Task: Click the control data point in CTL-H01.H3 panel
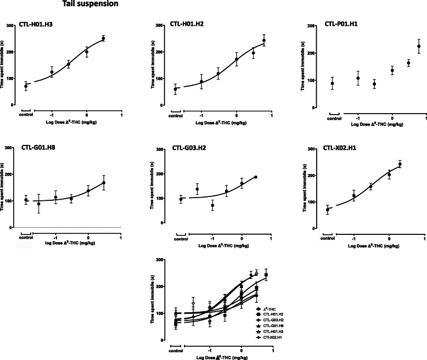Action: click(26, 86)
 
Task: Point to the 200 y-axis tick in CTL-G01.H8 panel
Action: click(12, 174)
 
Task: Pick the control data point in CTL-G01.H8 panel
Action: click(26, 200)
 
